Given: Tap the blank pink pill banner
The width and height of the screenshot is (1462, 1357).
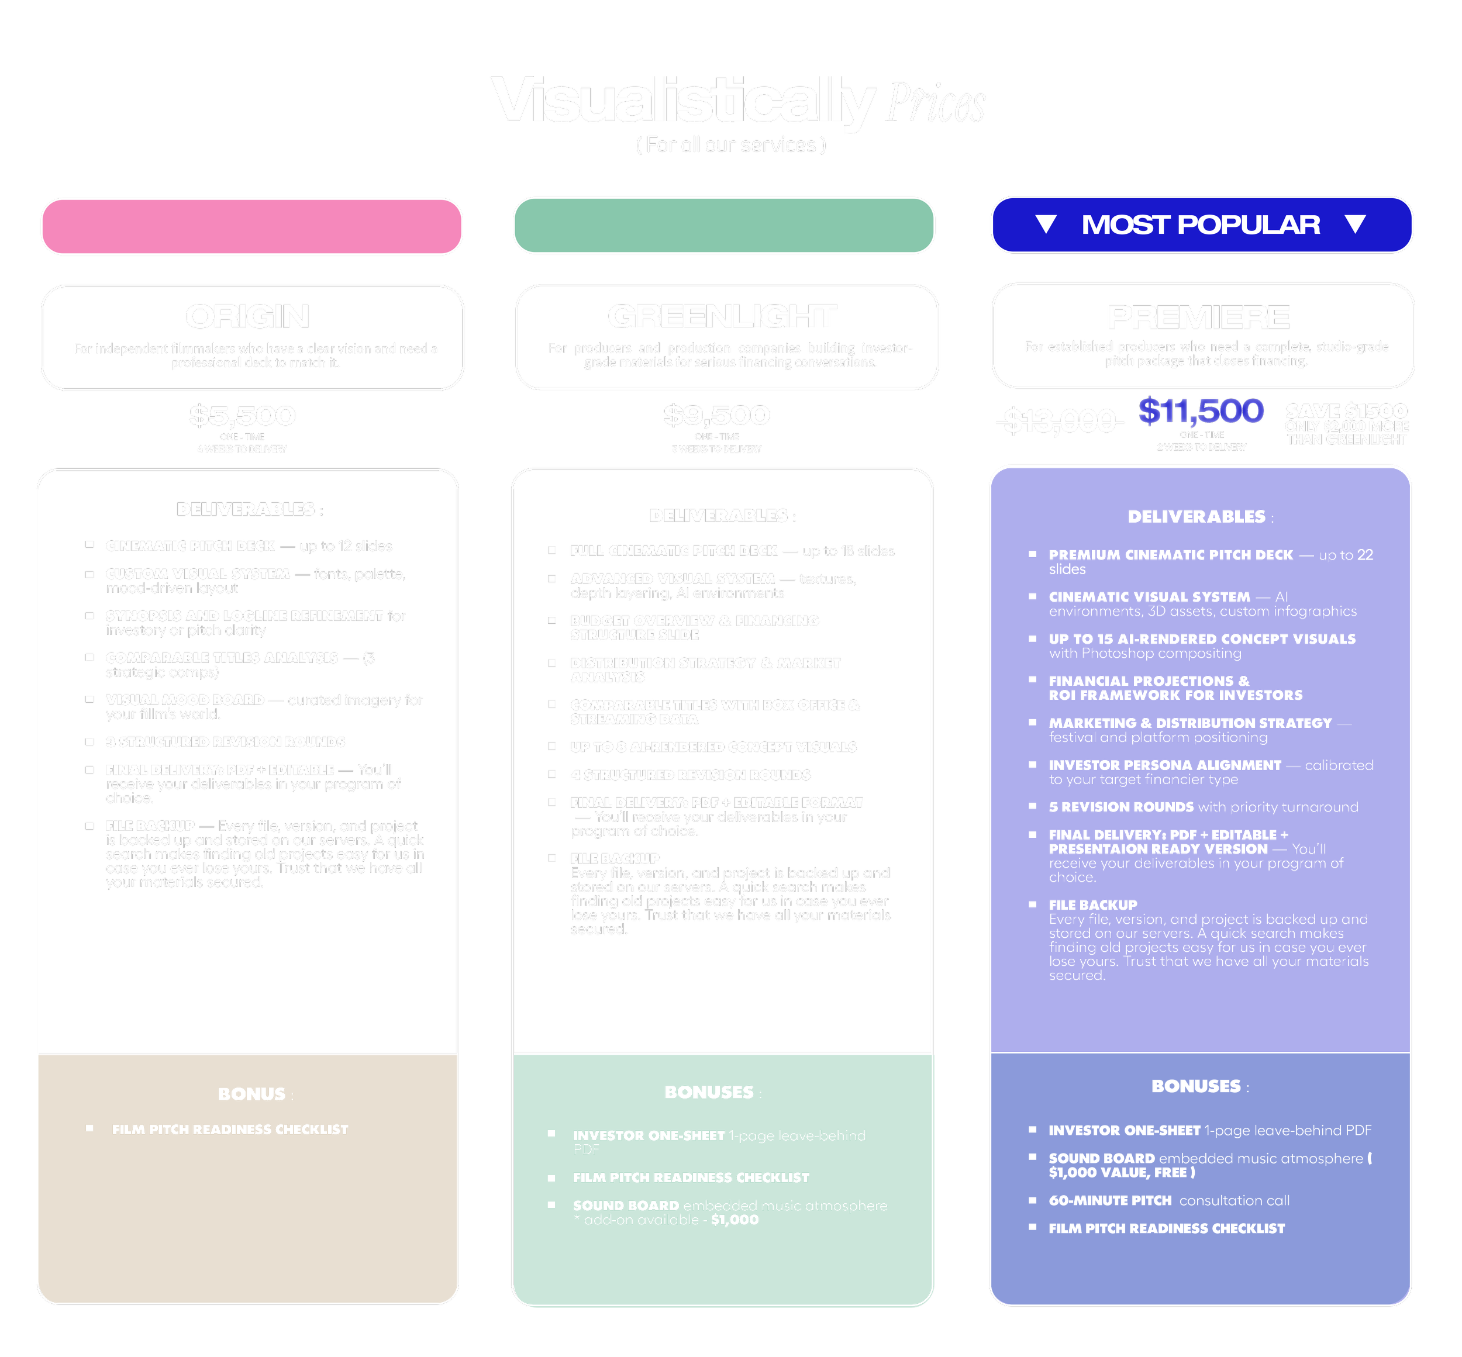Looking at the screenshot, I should [252, 226].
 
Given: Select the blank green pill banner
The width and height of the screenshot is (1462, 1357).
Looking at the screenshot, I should [723, 226].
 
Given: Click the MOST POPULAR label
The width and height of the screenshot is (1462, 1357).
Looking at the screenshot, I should [1201, 225].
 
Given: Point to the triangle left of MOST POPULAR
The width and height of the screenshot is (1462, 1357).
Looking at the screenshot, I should [1046, 224].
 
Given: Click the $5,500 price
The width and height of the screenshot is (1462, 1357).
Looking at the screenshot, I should [242, 416].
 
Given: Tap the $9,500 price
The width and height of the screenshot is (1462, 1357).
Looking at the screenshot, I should [717, 415].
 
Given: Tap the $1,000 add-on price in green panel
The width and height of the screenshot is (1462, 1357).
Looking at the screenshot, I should [735, 1220].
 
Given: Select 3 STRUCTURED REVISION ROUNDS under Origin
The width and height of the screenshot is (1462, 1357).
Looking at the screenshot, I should [225, 743].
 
